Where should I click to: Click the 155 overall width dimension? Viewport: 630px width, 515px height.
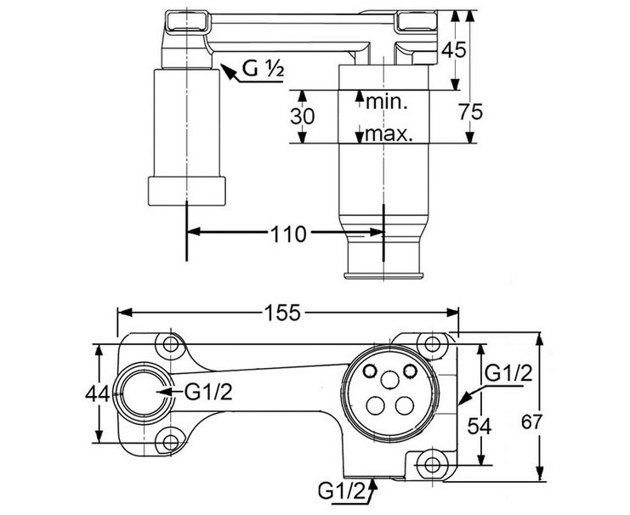282,313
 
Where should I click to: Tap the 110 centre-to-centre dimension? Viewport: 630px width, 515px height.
289,234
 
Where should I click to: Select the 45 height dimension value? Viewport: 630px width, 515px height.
454,50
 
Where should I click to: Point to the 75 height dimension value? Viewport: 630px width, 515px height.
470,111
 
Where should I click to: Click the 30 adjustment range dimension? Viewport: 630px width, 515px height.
303,117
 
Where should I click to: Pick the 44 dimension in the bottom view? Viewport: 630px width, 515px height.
97,393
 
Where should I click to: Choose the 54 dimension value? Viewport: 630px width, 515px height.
480,427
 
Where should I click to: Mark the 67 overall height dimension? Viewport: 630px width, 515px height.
532,422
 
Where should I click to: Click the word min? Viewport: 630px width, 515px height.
387,102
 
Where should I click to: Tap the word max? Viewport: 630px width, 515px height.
389,133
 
